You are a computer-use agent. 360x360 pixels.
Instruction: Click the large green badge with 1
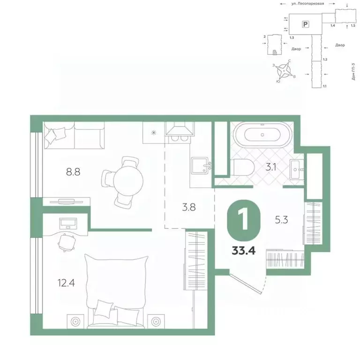(243, 220)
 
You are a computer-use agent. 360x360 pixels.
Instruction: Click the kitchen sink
(200, 165)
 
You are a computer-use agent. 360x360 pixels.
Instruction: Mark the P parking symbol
(306, 23)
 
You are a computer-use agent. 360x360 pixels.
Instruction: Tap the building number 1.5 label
(352, 26)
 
